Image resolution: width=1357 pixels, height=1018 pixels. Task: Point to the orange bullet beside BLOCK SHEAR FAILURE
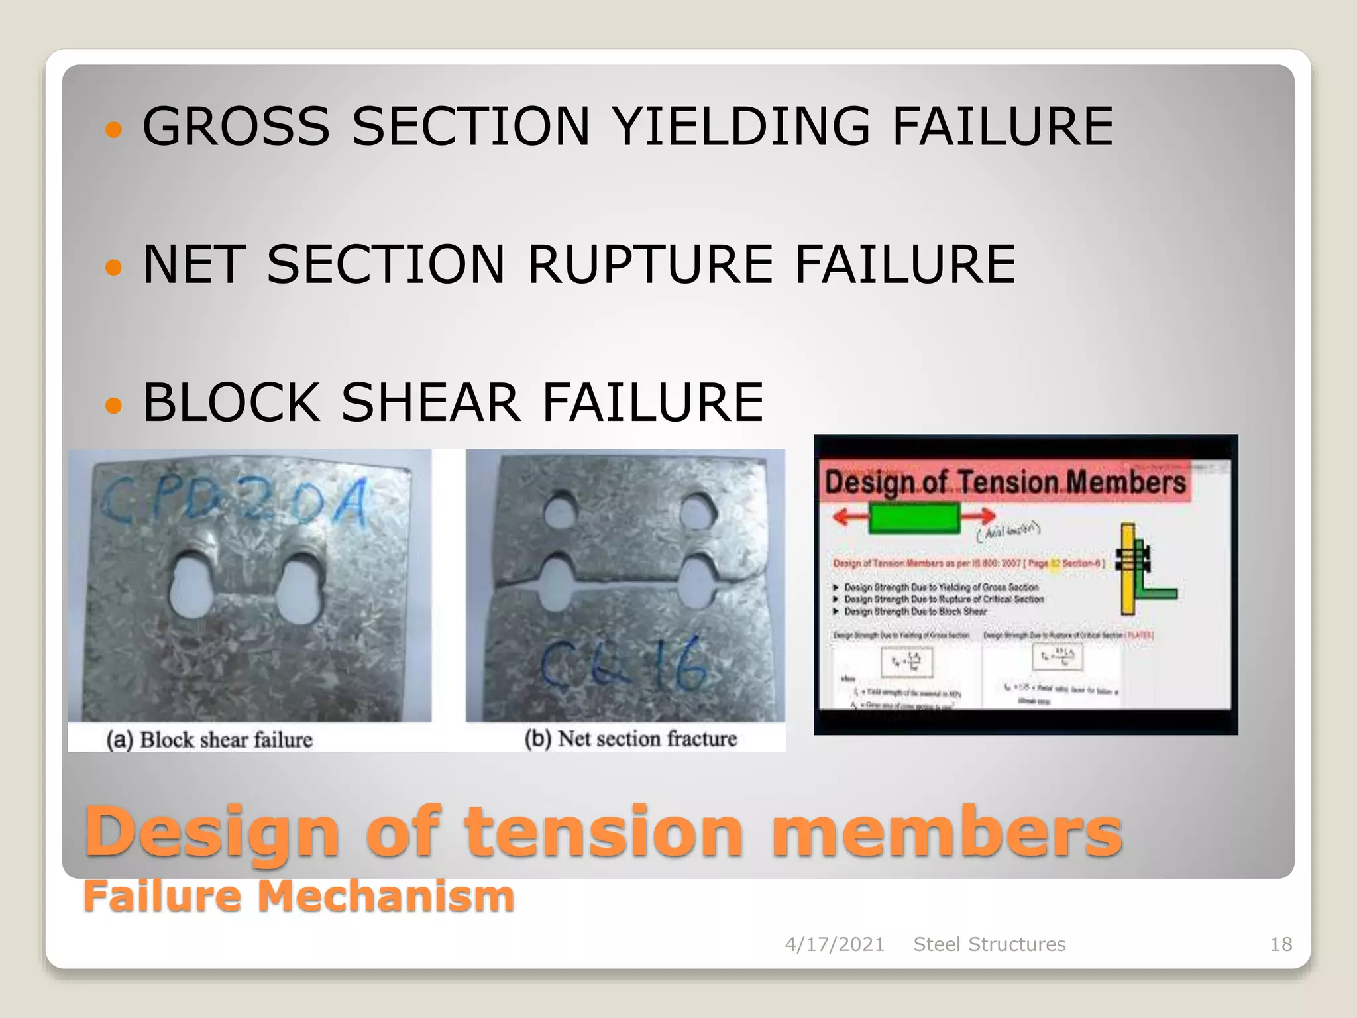tap(114, 404)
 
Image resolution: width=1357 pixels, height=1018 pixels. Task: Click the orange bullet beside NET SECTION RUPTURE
tap(114, 267)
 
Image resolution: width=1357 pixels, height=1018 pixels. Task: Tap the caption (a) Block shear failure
tap(209, 739)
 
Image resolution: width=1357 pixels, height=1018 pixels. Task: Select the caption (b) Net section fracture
tap(630, 738)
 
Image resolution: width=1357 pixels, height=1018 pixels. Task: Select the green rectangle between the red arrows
tap(914, 518)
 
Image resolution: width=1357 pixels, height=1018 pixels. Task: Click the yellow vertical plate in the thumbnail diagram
tap(1128, 569)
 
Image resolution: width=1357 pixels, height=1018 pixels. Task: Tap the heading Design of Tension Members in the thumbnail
tap(1004, 482)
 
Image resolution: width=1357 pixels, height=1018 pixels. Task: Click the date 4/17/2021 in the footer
tap(834, 944)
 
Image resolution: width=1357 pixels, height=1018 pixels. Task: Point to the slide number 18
tap(1280, 944)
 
